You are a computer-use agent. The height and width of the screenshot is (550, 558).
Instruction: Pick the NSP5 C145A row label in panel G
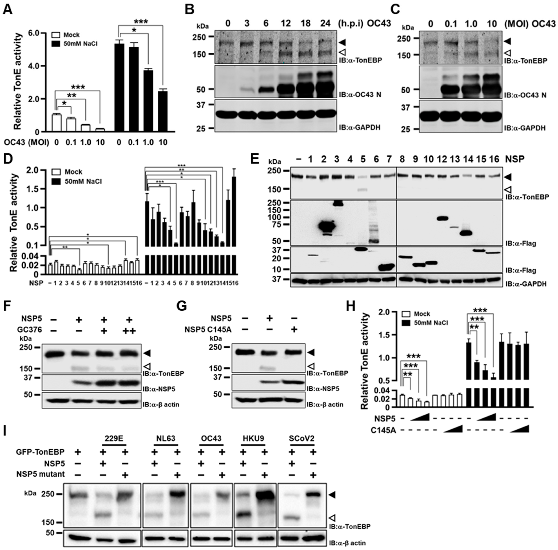tap(208, 329)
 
